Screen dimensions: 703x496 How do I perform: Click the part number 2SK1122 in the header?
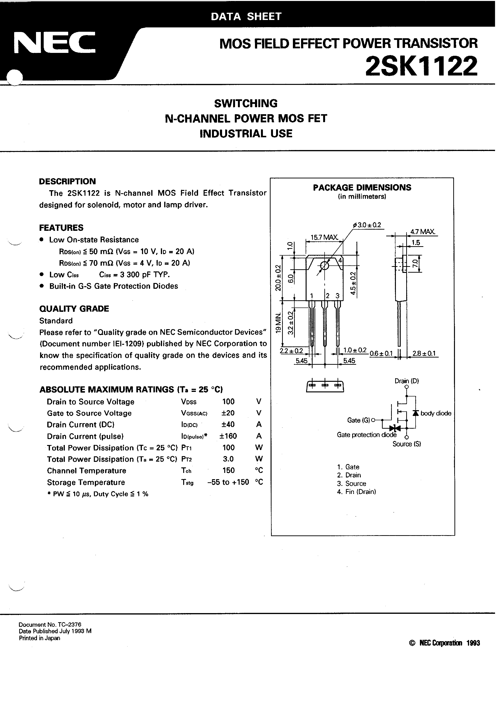[421, 66]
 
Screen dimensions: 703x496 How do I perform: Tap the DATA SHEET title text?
[246, 17]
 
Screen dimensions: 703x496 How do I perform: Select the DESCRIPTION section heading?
[67, 181]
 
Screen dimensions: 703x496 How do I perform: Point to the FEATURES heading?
[61, 228]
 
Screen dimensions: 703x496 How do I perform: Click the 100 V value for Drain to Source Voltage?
[228, 402]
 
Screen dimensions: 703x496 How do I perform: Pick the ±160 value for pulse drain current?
[228, 436]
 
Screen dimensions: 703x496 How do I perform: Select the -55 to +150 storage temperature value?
[228, 482]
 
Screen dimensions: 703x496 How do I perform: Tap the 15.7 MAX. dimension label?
[324, 237]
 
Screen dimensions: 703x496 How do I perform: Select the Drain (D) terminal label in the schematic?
[406, 381]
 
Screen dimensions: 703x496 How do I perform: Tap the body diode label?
[436, 413]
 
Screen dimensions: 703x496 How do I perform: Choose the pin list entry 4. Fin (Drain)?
[356, 492]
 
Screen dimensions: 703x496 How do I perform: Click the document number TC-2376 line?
[50, 625]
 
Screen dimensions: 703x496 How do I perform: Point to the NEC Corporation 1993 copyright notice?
[444, 643]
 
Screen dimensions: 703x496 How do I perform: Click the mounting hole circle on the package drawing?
[324, 266]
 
